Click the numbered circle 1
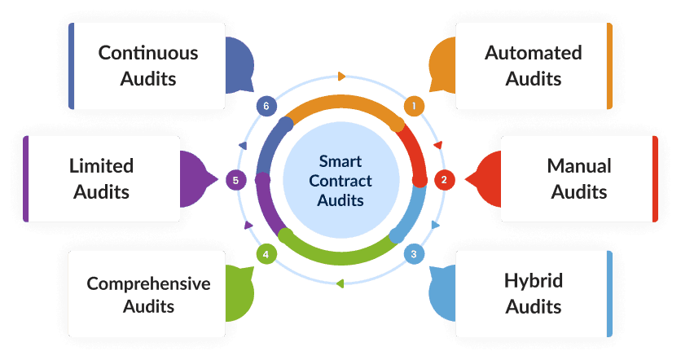point(414,106)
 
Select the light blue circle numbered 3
point(414,253)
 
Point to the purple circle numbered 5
point(235,180)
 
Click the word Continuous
point(148,53)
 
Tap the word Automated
point(534,53)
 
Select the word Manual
point(579,166)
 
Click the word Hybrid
point(534,281)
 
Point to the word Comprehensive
point(148,283)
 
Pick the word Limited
point(102,166)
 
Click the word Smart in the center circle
point(340,161)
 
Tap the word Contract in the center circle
point(341,181)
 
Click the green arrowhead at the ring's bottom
point(340,283)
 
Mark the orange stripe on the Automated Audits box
point(609,66)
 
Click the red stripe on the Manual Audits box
point(655,178)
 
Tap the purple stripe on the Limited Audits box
point(26,178)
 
